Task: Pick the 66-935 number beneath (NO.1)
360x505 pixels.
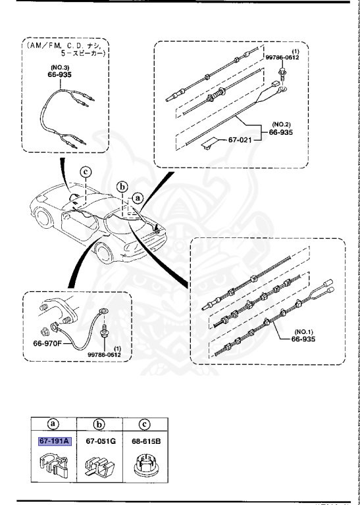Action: point(307,340)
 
